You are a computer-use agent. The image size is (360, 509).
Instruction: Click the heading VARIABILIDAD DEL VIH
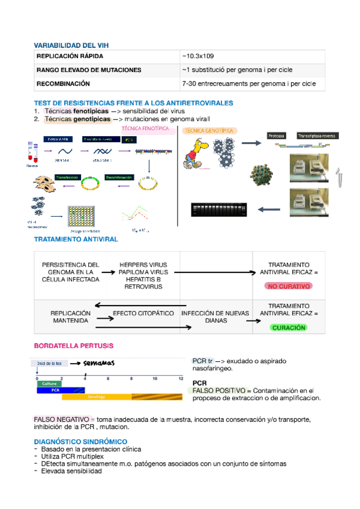click(x=71, y=46)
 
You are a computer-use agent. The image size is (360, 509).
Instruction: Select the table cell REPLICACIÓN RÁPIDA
click(x=70, y=56)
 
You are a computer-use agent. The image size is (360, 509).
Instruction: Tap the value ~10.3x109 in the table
click(x=199, y=56)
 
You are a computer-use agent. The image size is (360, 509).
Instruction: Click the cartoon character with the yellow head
click(x=194, y=155)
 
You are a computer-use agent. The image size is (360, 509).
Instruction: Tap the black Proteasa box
click(x=277, y=136)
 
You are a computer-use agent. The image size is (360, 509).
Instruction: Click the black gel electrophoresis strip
click(x=219, y=209)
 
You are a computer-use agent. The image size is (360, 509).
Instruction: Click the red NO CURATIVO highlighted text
click(x=289, y=286)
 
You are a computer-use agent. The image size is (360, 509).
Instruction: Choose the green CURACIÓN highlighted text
click(x=289, y=328)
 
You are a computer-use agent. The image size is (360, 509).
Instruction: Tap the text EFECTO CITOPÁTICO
click(x=143, y=313)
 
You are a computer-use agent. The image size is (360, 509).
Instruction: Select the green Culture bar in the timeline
click(x=49, y=384)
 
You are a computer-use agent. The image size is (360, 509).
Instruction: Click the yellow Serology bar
click(x=96, y=397)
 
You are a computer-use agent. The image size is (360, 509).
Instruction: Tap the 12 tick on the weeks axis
click(x=181, y=379)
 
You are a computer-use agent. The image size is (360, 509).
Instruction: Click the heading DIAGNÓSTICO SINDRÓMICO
click(x=75, y=441)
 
